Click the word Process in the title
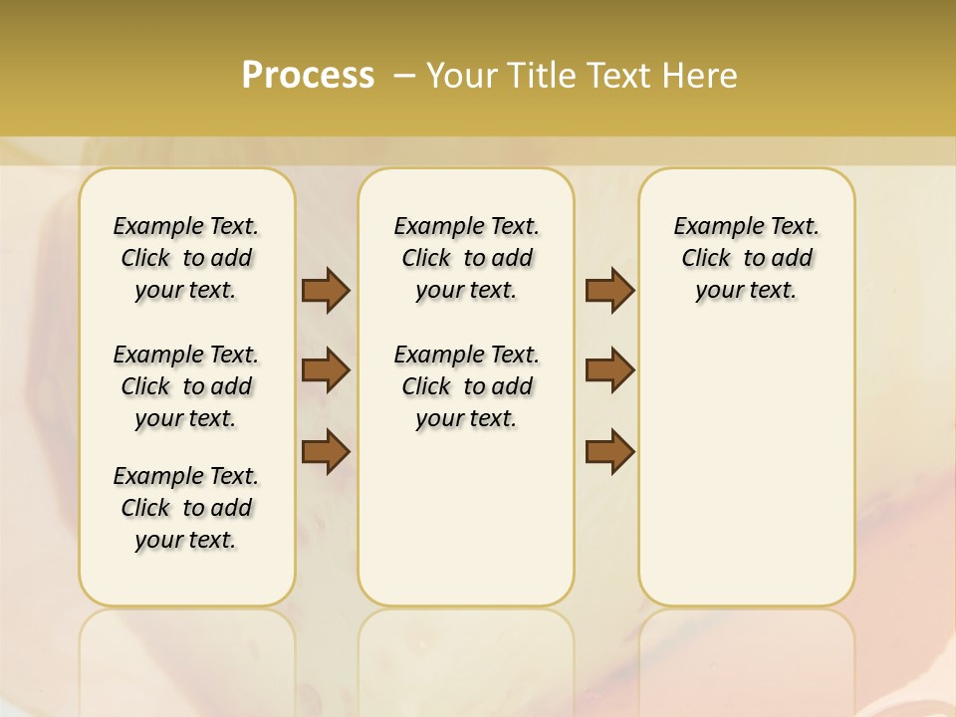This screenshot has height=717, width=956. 308,76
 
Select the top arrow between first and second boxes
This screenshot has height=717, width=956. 326,290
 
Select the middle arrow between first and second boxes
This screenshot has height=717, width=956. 326,370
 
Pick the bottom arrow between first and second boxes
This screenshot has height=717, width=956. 326,451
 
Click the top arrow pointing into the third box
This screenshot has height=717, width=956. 609,290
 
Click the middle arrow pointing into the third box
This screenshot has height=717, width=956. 609,370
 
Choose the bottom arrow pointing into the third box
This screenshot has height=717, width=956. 609,451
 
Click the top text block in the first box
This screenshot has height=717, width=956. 186,258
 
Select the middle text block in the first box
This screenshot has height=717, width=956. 186,386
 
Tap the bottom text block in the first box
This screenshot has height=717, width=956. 186,508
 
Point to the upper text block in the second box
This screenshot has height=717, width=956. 466,258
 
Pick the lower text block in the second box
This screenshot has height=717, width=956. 466,386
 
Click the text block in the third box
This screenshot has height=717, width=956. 746,258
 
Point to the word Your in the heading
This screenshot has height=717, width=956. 463,76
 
